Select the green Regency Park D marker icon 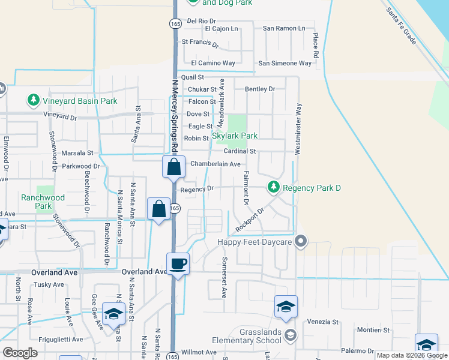(274, 187)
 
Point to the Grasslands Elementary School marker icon (291, 334)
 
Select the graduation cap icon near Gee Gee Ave (113, 314)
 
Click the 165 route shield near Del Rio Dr (175, 23)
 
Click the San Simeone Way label (285, 63)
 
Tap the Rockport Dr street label (250, 220)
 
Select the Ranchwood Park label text (43, 201)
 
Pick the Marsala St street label (77, 153)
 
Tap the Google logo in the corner (20, 353)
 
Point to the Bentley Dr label (259, 89)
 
